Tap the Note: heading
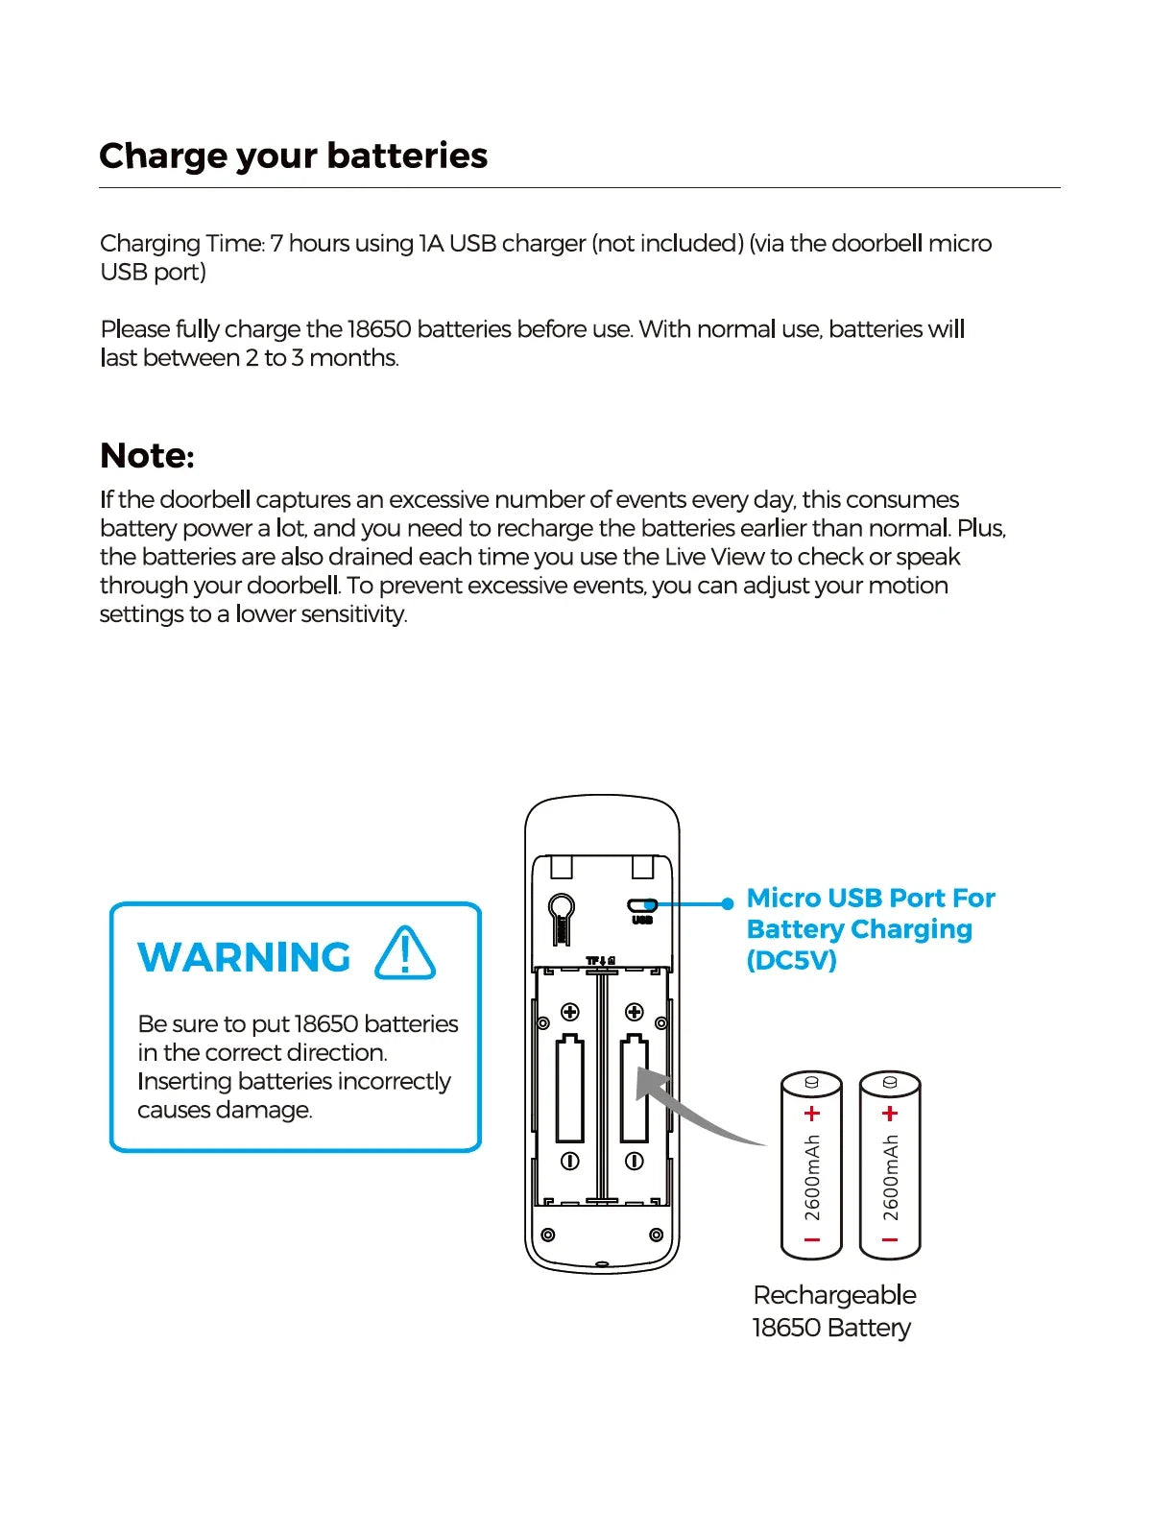click(x=147, y=455)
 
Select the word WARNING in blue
click(x=245, y=957)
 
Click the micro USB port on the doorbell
click(x=641, y=904)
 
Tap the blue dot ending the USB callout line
click(x=728, y=903)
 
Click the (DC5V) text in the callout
click(x=791, y=960)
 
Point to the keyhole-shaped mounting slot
click(x=561, y=916)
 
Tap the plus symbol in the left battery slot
click(x=569, y=1012)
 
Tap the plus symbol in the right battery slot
click(x=634, y=1012)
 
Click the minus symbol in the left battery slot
click(x=569, y=1161)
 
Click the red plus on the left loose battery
click(x=812, y=1114)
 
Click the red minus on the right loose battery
click(x=890, y=1240)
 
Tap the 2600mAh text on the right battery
click(x=890, y=1178)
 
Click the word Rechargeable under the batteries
click(x=834, y=1295)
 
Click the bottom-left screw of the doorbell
click(x=547, y=1235)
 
